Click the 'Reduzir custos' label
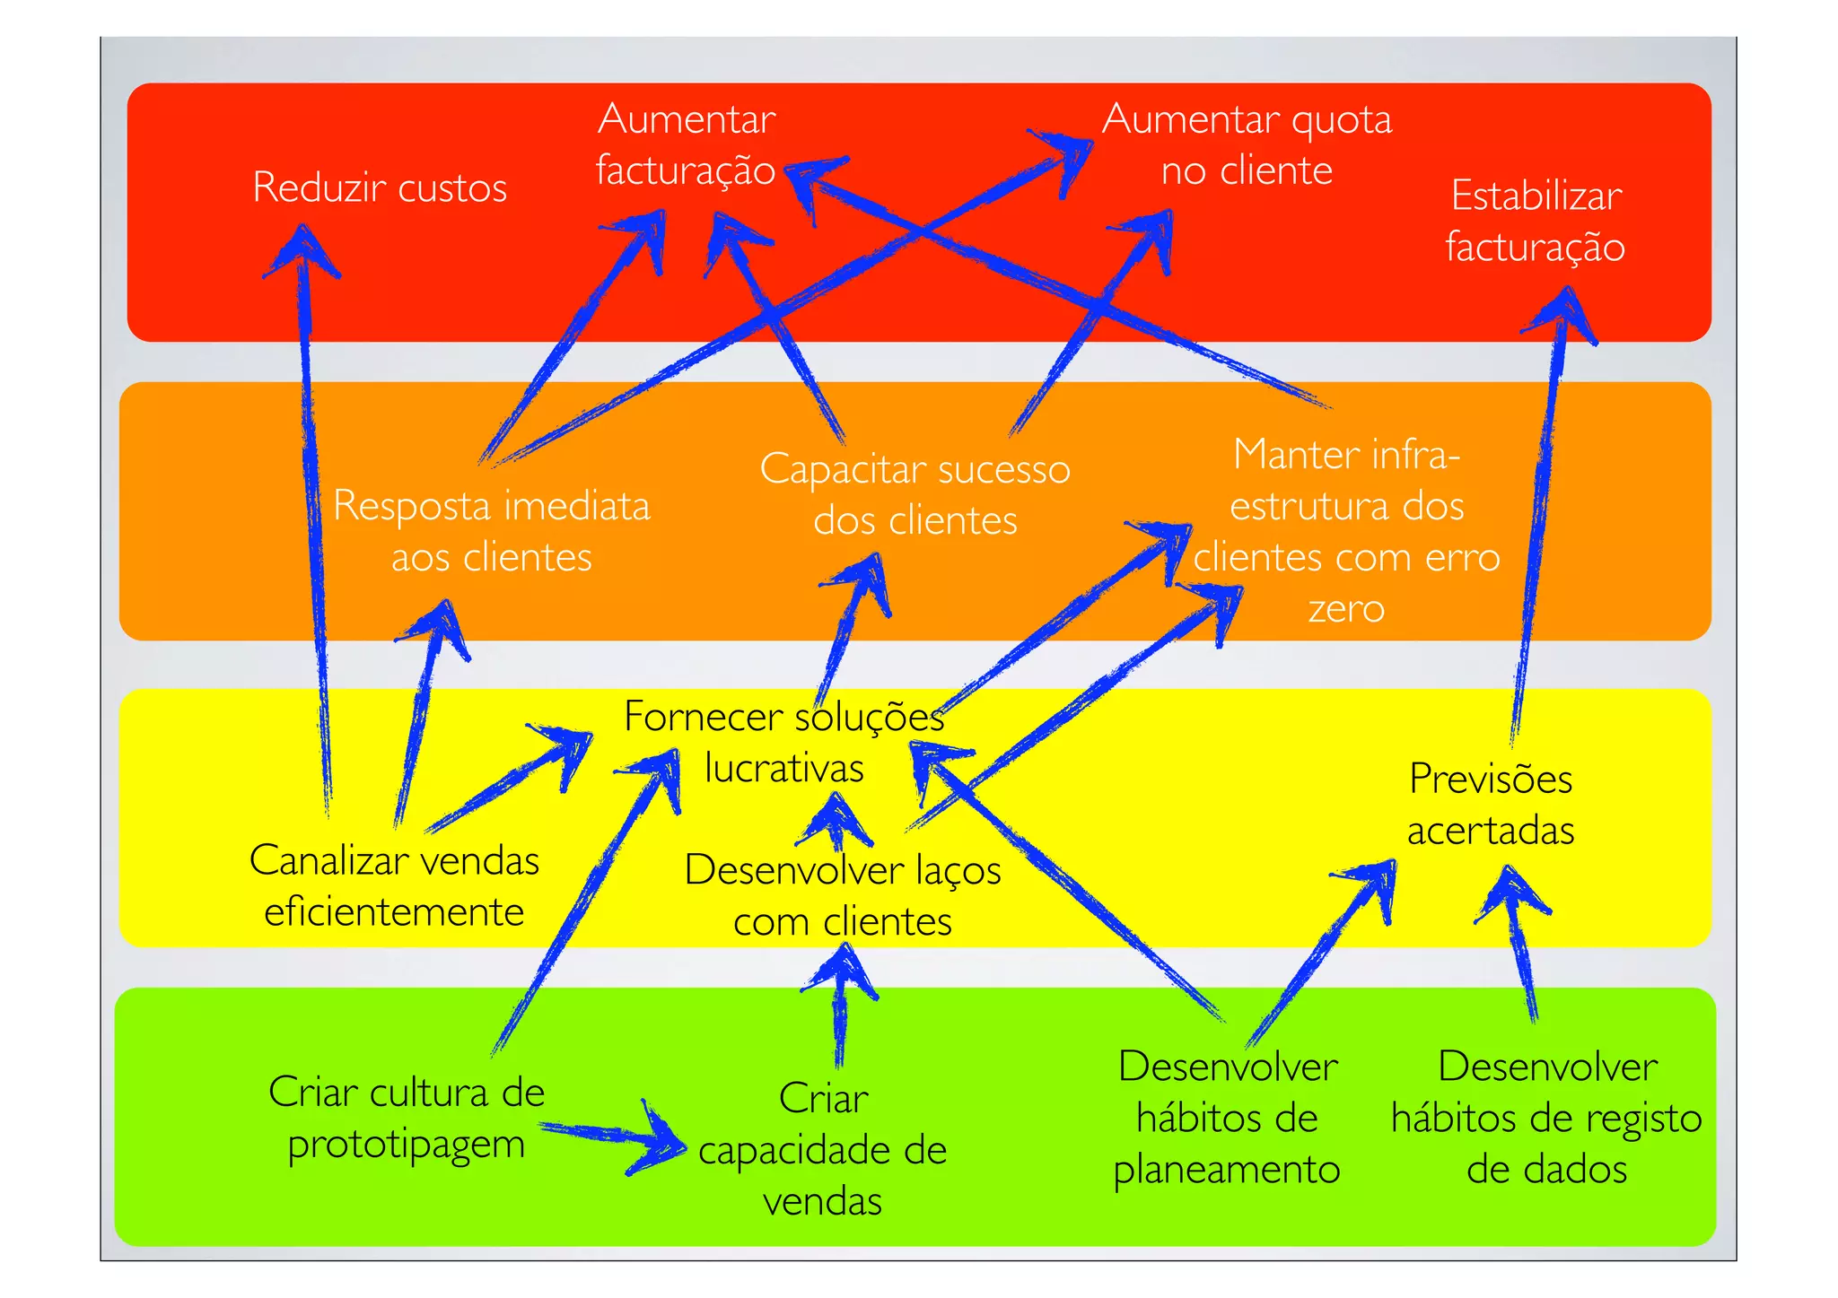pyautogui.click(x=380, y=187)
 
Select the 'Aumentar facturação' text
pyautogui.click(x=686, y=144)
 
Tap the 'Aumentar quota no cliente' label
pyautogui.click(x=1247, y=144)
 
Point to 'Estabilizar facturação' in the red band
pyautogui.click(x=1536, y=222)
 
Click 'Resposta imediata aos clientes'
pyautogui.click(x=491, y=531)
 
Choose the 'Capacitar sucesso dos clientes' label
pyautogui.click(x=915, y=494)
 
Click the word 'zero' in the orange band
pyautogui.click(x=1346, y=609)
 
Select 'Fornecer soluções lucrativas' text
pyautogui.click(x=783, y=742)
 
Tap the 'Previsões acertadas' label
pyautogui.click(x=1491, y=805)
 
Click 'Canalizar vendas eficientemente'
pyautogui.click(x=394, y=886)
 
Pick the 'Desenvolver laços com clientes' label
pyautogui.click(x=842, y=895)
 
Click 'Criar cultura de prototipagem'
pyautogui.click(x=406, y=1118)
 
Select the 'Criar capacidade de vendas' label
pyautogui.click(x=822, y=1149)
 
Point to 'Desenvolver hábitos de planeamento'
pyautogui.click(x=1227, y=1118)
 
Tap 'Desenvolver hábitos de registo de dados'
pyautogui.click(x=1546, y=1118)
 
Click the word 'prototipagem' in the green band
pyautogui.click(x=406, y=1146)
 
